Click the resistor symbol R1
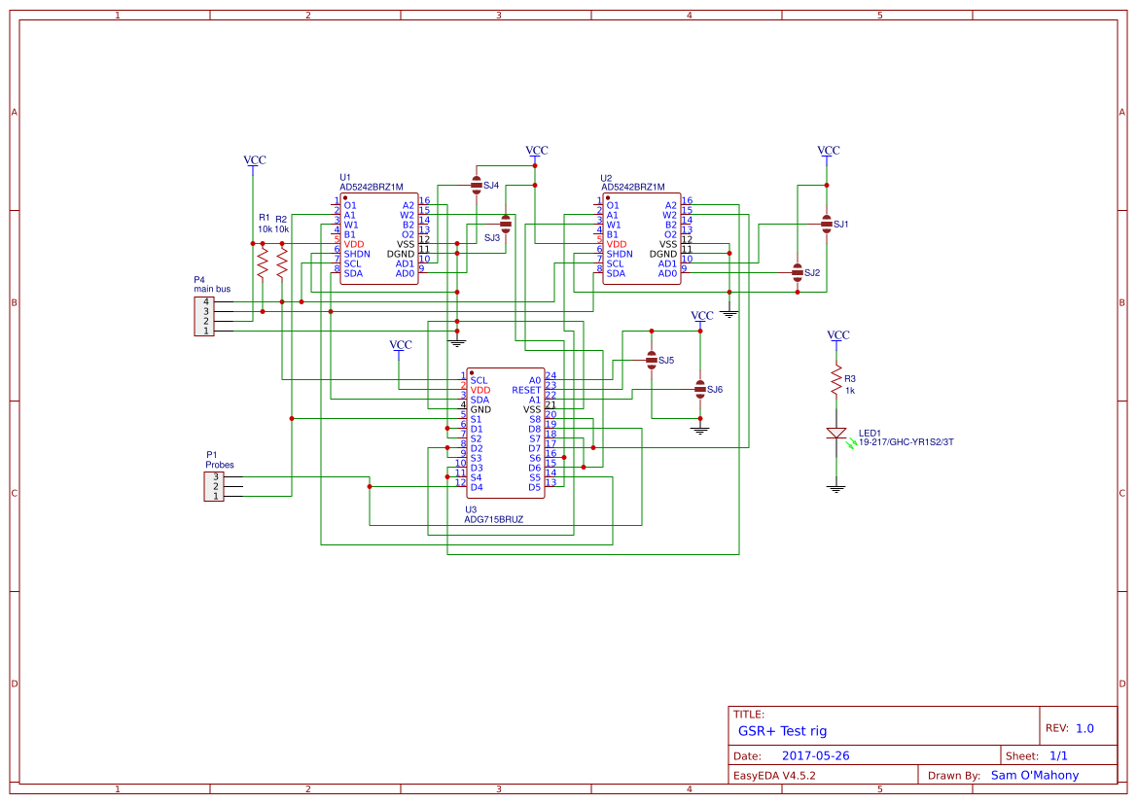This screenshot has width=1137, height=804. pyautogui.click(x=262, y=261)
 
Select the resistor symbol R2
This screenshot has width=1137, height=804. pyautogui.click(x=282, y=261)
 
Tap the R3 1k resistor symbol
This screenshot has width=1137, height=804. pyautogui.click(x=835, y=380)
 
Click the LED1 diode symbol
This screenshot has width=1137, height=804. pyautogui.click(x=835, y=433)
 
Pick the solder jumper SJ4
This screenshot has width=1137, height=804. pyautogui.click(x=477, y=185)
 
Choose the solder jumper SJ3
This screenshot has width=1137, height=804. pyautogui.click(x=506, y=224)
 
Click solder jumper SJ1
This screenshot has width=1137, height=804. pyautogui.click(x=827, y=224)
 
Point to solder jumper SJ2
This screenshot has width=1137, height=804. pyautogui.click(x=798, y=273)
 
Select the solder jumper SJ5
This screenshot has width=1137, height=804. pyautogui.click(x=652, y=360)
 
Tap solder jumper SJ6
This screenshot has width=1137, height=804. pyautogui.click(x=699, y=389)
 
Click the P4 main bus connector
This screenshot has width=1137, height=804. pyautogui.click(x=205, y=316)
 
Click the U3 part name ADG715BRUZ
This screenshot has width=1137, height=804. pyautogui.click(x=493, y=519)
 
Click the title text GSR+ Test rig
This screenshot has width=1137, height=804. pyautogui.click(x=782, y=731)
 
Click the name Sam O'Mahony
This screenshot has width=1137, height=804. pyautogui.click(x=1034, y=775)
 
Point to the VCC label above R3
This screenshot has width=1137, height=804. pyautogui.click(x=837, y=334)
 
